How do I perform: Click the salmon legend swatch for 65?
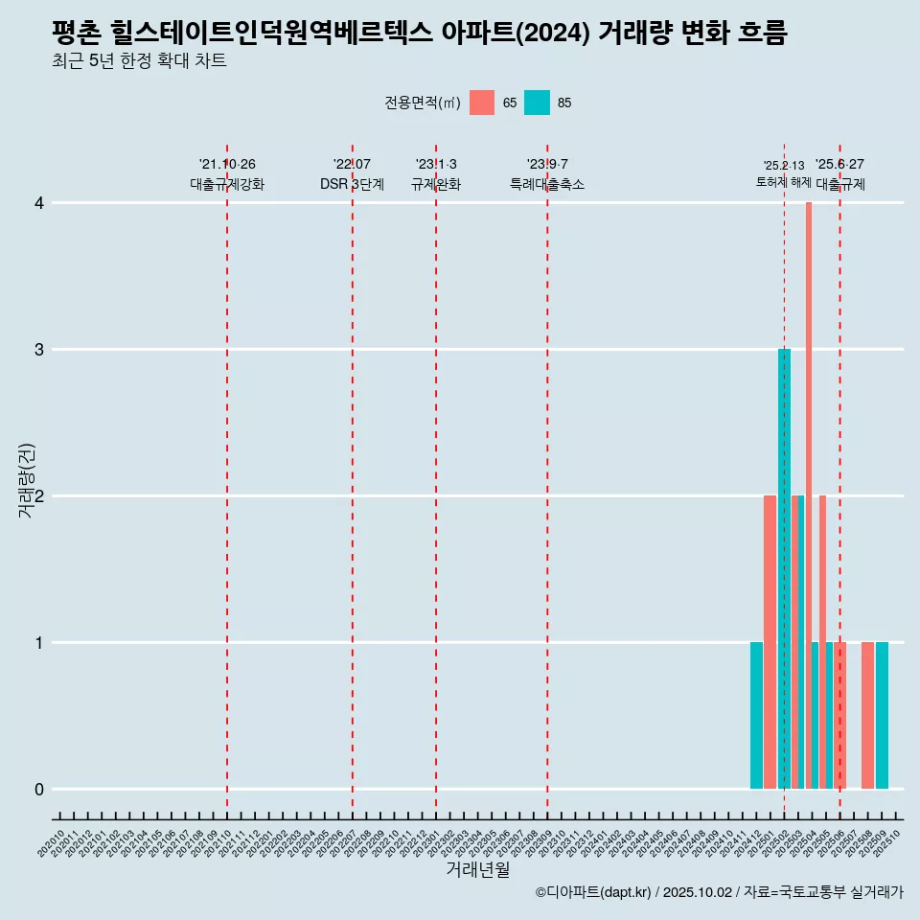[x=482, y=103]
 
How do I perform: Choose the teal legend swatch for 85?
[x=537, y=103]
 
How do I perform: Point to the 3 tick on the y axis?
[x=39, y=349]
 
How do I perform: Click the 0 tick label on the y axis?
[x=39, y=789]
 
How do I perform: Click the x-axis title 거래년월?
[x=477, y=869]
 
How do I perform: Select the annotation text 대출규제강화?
[x=227, y=184]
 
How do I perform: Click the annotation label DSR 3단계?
[x=352, y=184]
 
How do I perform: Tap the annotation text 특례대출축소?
[x=546, y=184]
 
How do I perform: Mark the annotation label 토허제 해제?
[x=783, y=182]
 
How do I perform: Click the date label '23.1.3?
[x=436, y=164]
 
